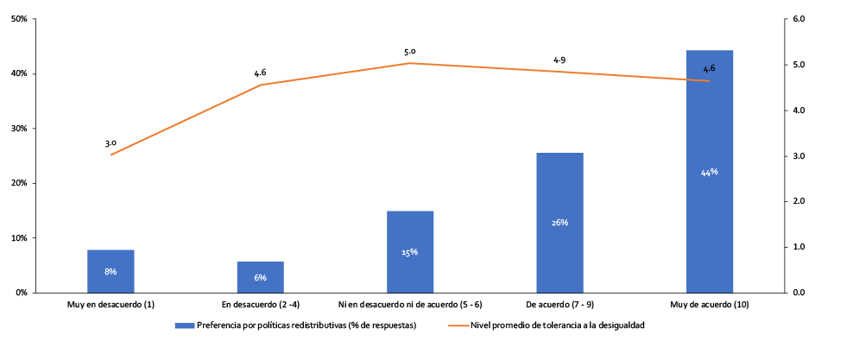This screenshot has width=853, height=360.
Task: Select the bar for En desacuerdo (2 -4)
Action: pyautogui.click(x=260, y=276)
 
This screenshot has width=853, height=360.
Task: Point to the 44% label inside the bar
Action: pyautogui.click(x=709, y=172)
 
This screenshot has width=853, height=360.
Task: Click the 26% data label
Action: pyautogui.click(x=559, y=223)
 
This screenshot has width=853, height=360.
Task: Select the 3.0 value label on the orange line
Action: pyautogui.click(x=111, y=143)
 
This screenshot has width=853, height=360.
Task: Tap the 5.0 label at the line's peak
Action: pyautogui.click(x=409, y=52)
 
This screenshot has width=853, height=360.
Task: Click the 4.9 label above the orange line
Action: pyautogui.click(x=559, y=60)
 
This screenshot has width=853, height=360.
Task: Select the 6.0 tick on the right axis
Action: pyautogui.click(x=798, y=19)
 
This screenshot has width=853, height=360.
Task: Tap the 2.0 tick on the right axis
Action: pyautogui.click(x=798, y=201)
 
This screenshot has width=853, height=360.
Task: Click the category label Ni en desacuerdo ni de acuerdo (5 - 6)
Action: pyautogui.click(x=409, y=305)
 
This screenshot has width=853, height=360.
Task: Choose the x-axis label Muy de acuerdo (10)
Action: pyautogui.click(x=709, y=305)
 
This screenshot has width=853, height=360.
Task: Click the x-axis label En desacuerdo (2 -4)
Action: pyautogui.click(x=260, y=305)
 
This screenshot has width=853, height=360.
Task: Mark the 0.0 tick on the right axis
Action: pyautogui.click(x=798, y=293)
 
